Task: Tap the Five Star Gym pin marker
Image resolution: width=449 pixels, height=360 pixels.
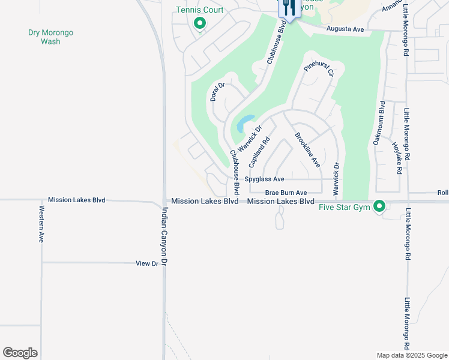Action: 379,206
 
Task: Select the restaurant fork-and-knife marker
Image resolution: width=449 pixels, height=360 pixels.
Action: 289,8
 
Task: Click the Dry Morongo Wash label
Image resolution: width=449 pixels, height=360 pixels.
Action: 50,37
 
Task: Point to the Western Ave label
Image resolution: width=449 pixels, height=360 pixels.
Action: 41,224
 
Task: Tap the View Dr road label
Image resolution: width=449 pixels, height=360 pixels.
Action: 146,263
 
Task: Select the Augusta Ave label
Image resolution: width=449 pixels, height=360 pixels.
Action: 345,29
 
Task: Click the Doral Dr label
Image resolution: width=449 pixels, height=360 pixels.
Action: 217,92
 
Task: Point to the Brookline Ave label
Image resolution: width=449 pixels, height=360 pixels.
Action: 307,149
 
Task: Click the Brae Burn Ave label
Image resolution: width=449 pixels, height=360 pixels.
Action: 286,193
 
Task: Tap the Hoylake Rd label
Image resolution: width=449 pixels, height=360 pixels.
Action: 397,158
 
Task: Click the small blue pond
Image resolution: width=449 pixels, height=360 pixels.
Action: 246,123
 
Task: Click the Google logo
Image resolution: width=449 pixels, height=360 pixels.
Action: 20,353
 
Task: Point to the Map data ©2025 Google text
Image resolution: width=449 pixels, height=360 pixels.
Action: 411,355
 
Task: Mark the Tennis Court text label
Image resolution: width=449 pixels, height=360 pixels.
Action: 200,10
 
